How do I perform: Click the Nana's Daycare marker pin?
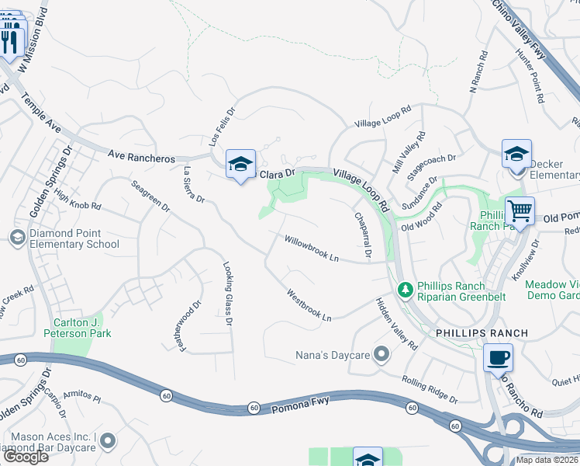pyautogui.click(x=381, y=355)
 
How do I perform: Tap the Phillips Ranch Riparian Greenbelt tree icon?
pyautogui.click(x=404, y=290)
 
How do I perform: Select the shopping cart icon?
pyautogui.click(x=519, y=210)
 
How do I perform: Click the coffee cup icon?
pyautogui.click(x=497, y=358)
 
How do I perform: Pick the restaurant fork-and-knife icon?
pyautogui.click(x=10, y=39)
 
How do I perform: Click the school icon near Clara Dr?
pyautogui.click(x=240, y=163)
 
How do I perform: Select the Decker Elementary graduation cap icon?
pyautogui.click(x=516, y=154)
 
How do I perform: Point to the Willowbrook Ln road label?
pyautogui.click(x=312, y=249)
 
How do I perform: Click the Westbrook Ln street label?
pyautogui.click(x=309, y=306)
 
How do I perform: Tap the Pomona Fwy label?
pyautogui.click(x=300, y=403)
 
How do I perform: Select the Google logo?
pyautogui.click(x=25, y=457)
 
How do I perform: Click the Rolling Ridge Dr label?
pyautogui.click(x=430, y=390)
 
